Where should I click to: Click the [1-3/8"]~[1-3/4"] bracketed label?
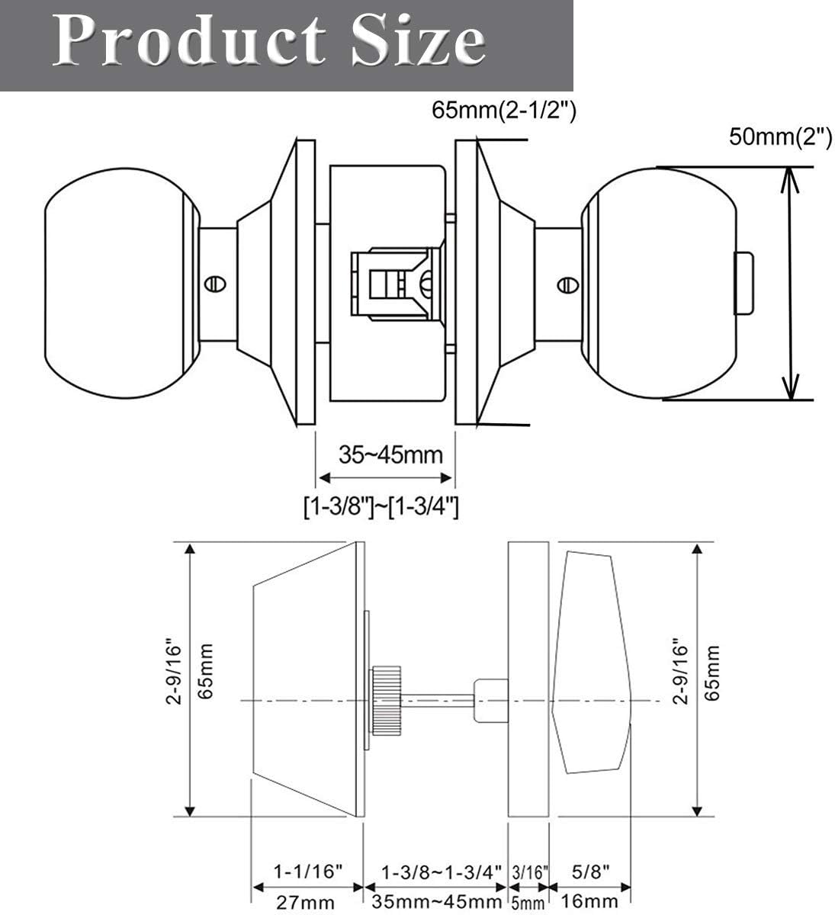coord(380,506)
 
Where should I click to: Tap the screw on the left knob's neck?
coord(214,284)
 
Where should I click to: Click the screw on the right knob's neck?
coord(567,284)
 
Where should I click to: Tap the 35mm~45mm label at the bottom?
coord(436,903)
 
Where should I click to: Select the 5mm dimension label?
coord(528,904)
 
